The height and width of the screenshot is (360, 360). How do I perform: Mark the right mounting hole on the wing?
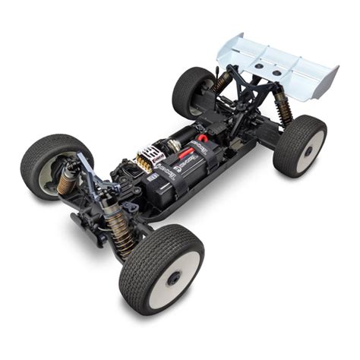pyautogui.click(x=277, y=73)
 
